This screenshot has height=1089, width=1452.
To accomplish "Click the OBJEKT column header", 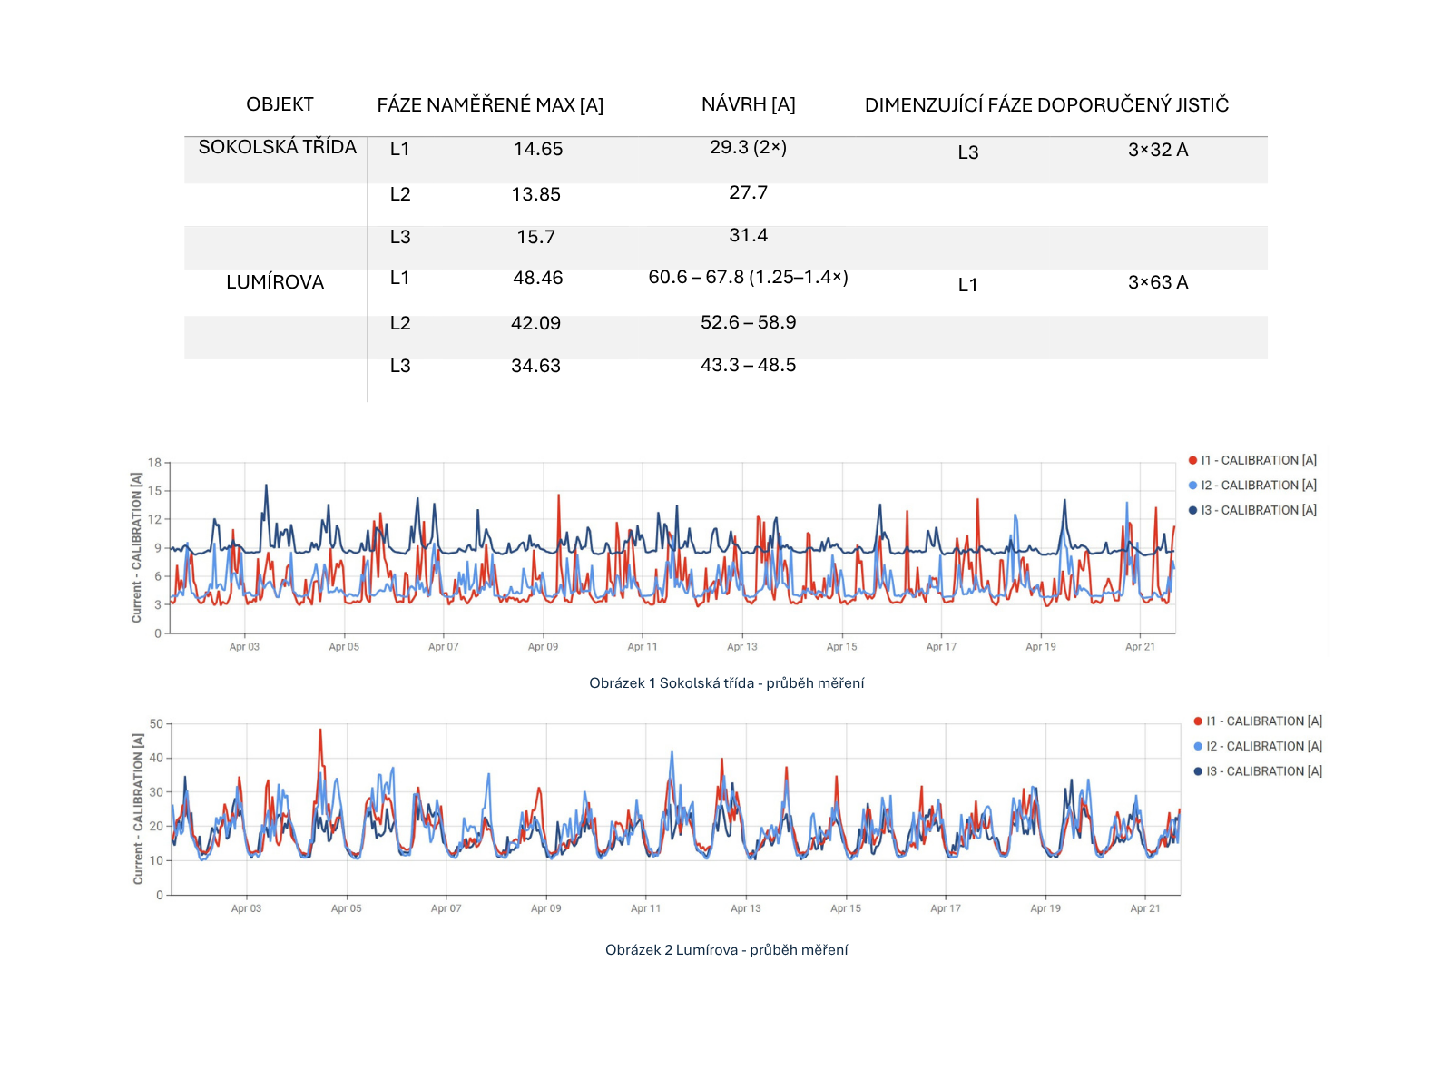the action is [280, 104].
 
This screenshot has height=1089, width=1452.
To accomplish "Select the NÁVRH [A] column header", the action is [748, 104].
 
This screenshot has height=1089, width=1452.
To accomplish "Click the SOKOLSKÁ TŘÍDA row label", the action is [277, 147].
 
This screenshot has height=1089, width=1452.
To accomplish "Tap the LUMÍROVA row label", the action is [275, 282].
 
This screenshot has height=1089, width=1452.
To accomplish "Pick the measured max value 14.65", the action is [538, 149].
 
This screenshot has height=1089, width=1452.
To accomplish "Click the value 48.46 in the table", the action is [538, 278].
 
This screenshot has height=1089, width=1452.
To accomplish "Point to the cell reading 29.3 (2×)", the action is [748, 147].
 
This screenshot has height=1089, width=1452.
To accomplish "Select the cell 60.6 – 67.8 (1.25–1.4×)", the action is [748, 277].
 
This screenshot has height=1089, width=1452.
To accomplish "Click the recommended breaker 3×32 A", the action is [1158, 150].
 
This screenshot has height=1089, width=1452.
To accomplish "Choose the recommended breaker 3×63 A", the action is [1158, 282].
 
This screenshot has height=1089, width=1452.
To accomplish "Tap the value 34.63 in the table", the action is [535, 366].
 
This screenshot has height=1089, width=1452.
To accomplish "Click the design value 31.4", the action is [748, 235].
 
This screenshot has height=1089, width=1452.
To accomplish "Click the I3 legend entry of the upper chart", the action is [1252, 510].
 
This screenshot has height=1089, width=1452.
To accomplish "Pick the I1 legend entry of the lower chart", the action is [1258, 721].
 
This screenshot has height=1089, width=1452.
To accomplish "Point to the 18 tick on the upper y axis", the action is [155, 463].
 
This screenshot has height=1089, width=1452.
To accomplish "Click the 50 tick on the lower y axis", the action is [156, 724].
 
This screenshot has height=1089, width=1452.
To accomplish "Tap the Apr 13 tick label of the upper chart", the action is [741, 647].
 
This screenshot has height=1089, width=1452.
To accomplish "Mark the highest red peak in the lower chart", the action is [320, 730].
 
